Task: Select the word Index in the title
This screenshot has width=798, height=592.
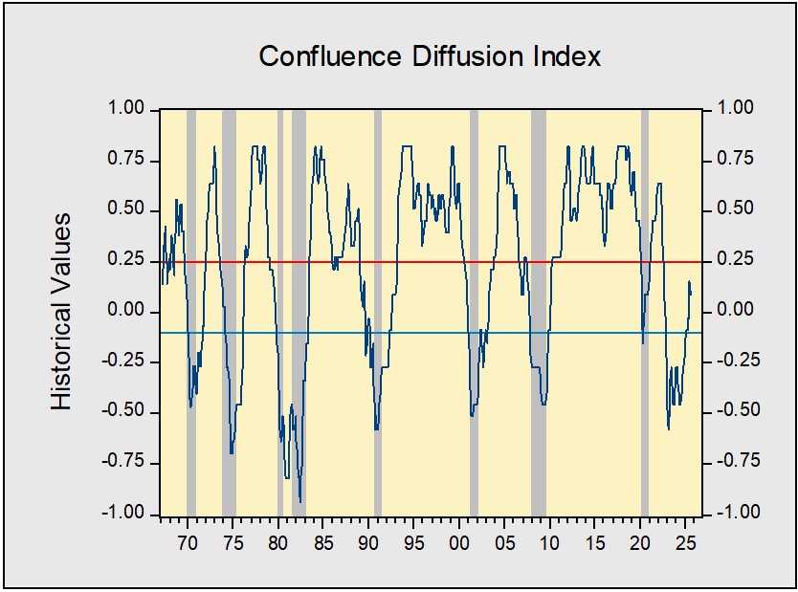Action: (567, 56)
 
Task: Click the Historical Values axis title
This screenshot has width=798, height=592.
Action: (62, 312)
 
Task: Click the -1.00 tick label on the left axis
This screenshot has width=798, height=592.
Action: (123, 514)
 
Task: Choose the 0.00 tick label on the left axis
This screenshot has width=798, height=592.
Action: (127, 312)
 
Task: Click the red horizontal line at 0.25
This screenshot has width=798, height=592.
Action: (431, 261)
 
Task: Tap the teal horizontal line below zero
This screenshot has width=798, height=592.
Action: (431, 333)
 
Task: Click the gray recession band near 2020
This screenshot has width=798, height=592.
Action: (645, 191)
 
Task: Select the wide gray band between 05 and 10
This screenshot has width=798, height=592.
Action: (539, 191)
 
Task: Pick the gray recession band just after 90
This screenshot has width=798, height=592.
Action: (378, 191)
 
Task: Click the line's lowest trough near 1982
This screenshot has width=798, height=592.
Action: (300, 501)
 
